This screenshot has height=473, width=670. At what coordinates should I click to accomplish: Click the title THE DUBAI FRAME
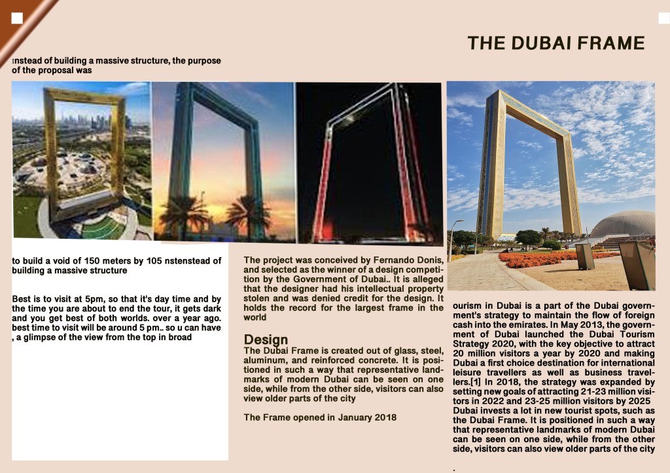(555, 43)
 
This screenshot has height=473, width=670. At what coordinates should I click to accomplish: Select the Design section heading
(266, 340)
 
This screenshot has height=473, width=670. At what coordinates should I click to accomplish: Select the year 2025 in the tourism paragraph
(637, 400)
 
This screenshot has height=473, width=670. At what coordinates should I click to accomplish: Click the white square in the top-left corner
(18, 18)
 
